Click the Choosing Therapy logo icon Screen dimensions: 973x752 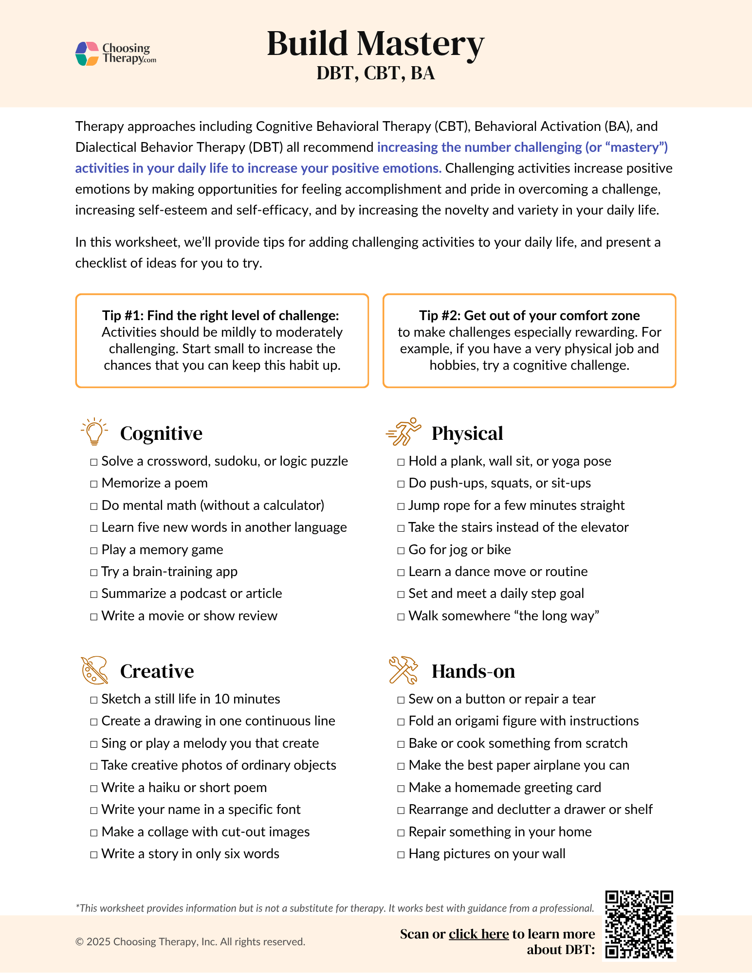click(x=88, y=54)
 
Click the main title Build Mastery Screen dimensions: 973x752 click(x=375, y=44)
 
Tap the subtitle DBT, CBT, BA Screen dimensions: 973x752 click(x=375, y=73)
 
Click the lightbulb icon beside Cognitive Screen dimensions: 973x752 click(x=94, y=432)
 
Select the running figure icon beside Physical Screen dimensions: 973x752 click(x=403, y=432)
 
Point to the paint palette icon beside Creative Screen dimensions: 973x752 click(x=94, y=670)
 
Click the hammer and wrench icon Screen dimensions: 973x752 click(x=403, y=670)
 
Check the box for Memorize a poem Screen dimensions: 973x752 click(x=94, y=484)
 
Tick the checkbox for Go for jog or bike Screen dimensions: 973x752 click(x=401, y=551)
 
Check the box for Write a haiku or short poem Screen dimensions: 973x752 click(x=94, y=789)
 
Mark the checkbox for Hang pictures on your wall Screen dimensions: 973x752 click(x=401, y=855)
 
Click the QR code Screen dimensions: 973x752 click(x=639, y=924)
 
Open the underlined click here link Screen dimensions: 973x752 click(x=478, y=934)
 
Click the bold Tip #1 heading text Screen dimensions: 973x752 click(x=220, y=316)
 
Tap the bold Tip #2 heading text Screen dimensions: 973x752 click(x=529, y=316)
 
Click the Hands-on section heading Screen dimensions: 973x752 click(x=473, y=671)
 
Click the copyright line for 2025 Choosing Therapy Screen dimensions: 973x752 click(x=190, y=942)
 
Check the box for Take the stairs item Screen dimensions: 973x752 click(x=401, y=528)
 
